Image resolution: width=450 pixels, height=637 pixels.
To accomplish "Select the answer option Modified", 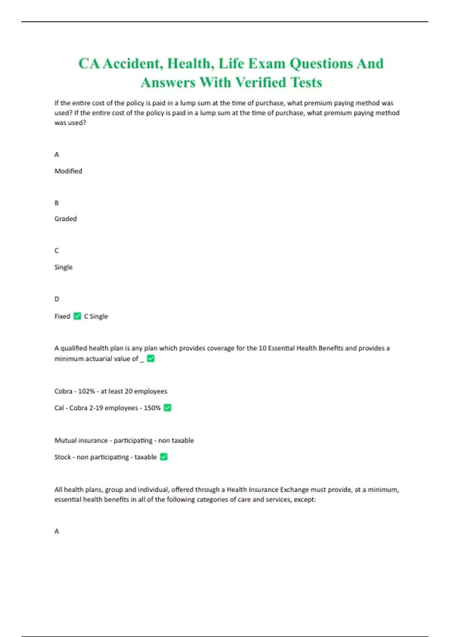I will tap(68, 171).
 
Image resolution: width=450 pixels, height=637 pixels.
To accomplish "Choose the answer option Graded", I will tap(66, 219).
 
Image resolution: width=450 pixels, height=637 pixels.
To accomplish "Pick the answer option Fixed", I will tap(62, 316).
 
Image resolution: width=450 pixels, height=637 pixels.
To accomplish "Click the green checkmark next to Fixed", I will tap(77, 316).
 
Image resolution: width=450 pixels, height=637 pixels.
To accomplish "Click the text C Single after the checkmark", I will tap(96, 316).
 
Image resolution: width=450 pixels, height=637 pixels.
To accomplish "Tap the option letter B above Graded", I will tap(57, 203).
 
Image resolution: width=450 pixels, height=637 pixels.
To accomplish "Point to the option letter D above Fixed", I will tap(57, 299).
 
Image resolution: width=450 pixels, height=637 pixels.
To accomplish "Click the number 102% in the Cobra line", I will tap(86, 391).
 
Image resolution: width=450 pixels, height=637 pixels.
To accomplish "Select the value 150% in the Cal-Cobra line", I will tap(152, 408).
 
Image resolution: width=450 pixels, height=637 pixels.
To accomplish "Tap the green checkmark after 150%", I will tap(168, 407).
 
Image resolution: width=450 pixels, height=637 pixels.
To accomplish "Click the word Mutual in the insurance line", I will tap(65, 440).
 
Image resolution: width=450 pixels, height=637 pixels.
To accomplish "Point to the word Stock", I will tap(63, 457).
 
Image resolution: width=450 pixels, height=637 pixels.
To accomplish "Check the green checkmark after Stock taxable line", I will tap(163, 457).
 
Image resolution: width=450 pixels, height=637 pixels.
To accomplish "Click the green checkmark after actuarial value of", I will tap(151, 359).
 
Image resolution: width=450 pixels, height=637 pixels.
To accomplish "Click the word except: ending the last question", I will tap(305, 499).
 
